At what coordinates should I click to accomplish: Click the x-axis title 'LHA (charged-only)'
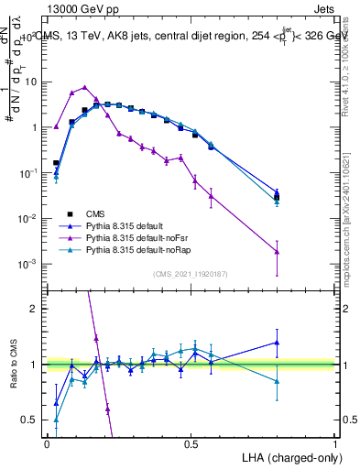point(287,456)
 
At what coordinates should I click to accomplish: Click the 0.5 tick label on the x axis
point(191,444)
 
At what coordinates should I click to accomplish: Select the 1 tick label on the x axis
point(335,444)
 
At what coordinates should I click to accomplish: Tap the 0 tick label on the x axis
point(47,444)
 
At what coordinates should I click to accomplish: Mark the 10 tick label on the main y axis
point(30,82)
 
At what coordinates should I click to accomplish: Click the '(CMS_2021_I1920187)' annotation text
point(191,273)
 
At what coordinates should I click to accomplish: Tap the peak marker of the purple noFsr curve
point(85,87)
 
